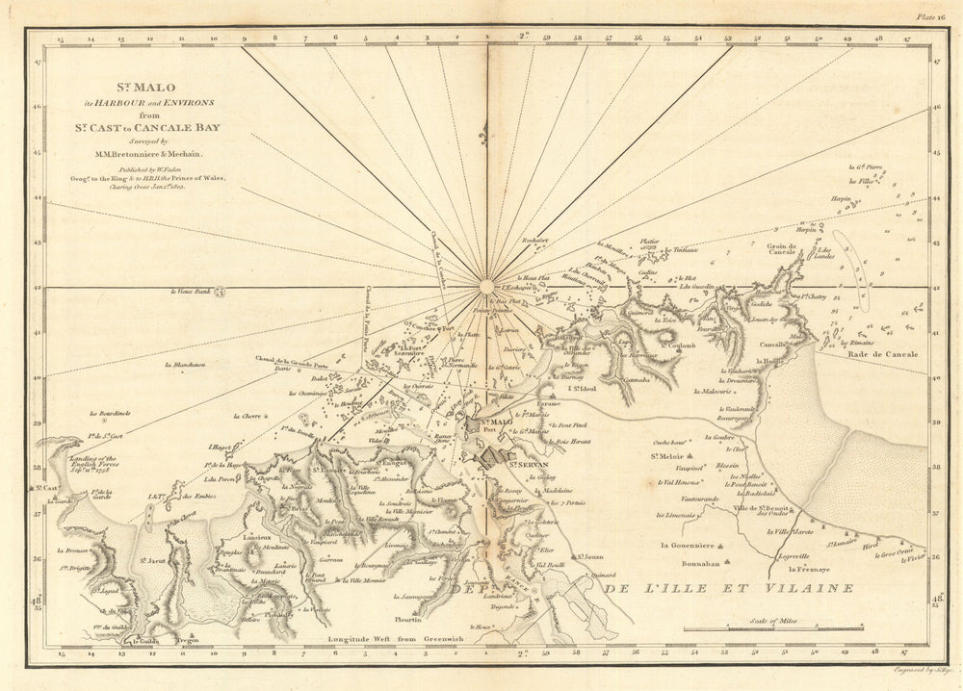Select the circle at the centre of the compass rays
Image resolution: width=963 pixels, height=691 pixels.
point(486,285)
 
